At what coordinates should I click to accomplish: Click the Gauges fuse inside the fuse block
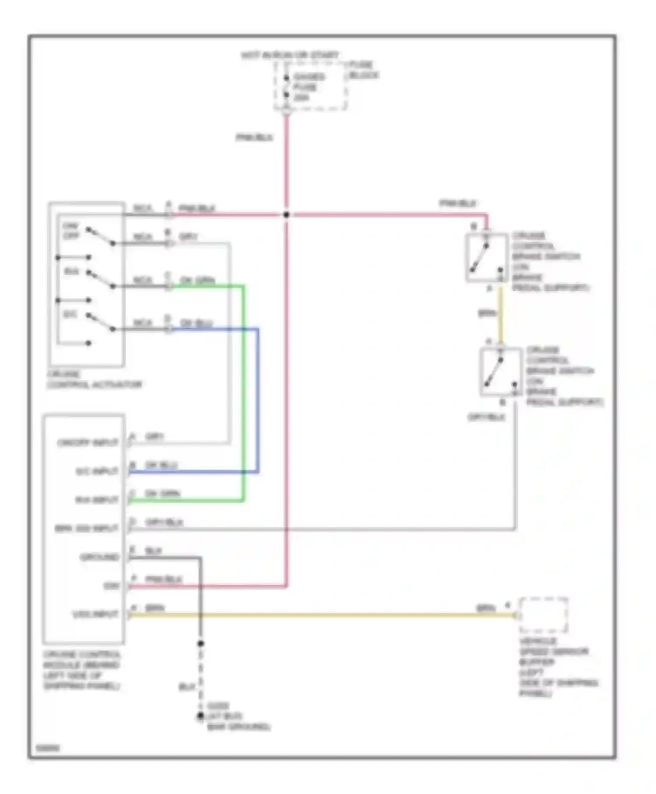click(286, 87)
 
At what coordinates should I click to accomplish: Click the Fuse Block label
click(363, 70)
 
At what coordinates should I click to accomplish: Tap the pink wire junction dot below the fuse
click(286, 214)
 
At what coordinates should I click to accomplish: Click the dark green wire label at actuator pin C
click(197, 280)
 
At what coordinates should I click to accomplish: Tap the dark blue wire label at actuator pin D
click(196, 323)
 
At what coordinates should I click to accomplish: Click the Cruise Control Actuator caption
click(94, 379)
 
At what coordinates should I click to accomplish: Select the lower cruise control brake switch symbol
click(500, 372)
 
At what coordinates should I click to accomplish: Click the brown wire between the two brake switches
click(501, 313)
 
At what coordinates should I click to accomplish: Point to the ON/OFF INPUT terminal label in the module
click(88, 443)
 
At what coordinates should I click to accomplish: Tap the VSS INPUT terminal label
click(95, 615)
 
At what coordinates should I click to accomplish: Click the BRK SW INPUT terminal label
click(87, 529)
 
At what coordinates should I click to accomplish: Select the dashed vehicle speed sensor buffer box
click(543, 615)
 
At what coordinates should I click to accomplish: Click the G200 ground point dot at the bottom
click(200, 716)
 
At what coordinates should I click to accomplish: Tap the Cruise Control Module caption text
click(81, 670)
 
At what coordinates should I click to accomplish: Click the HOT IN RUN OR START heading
click(290, 55)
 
